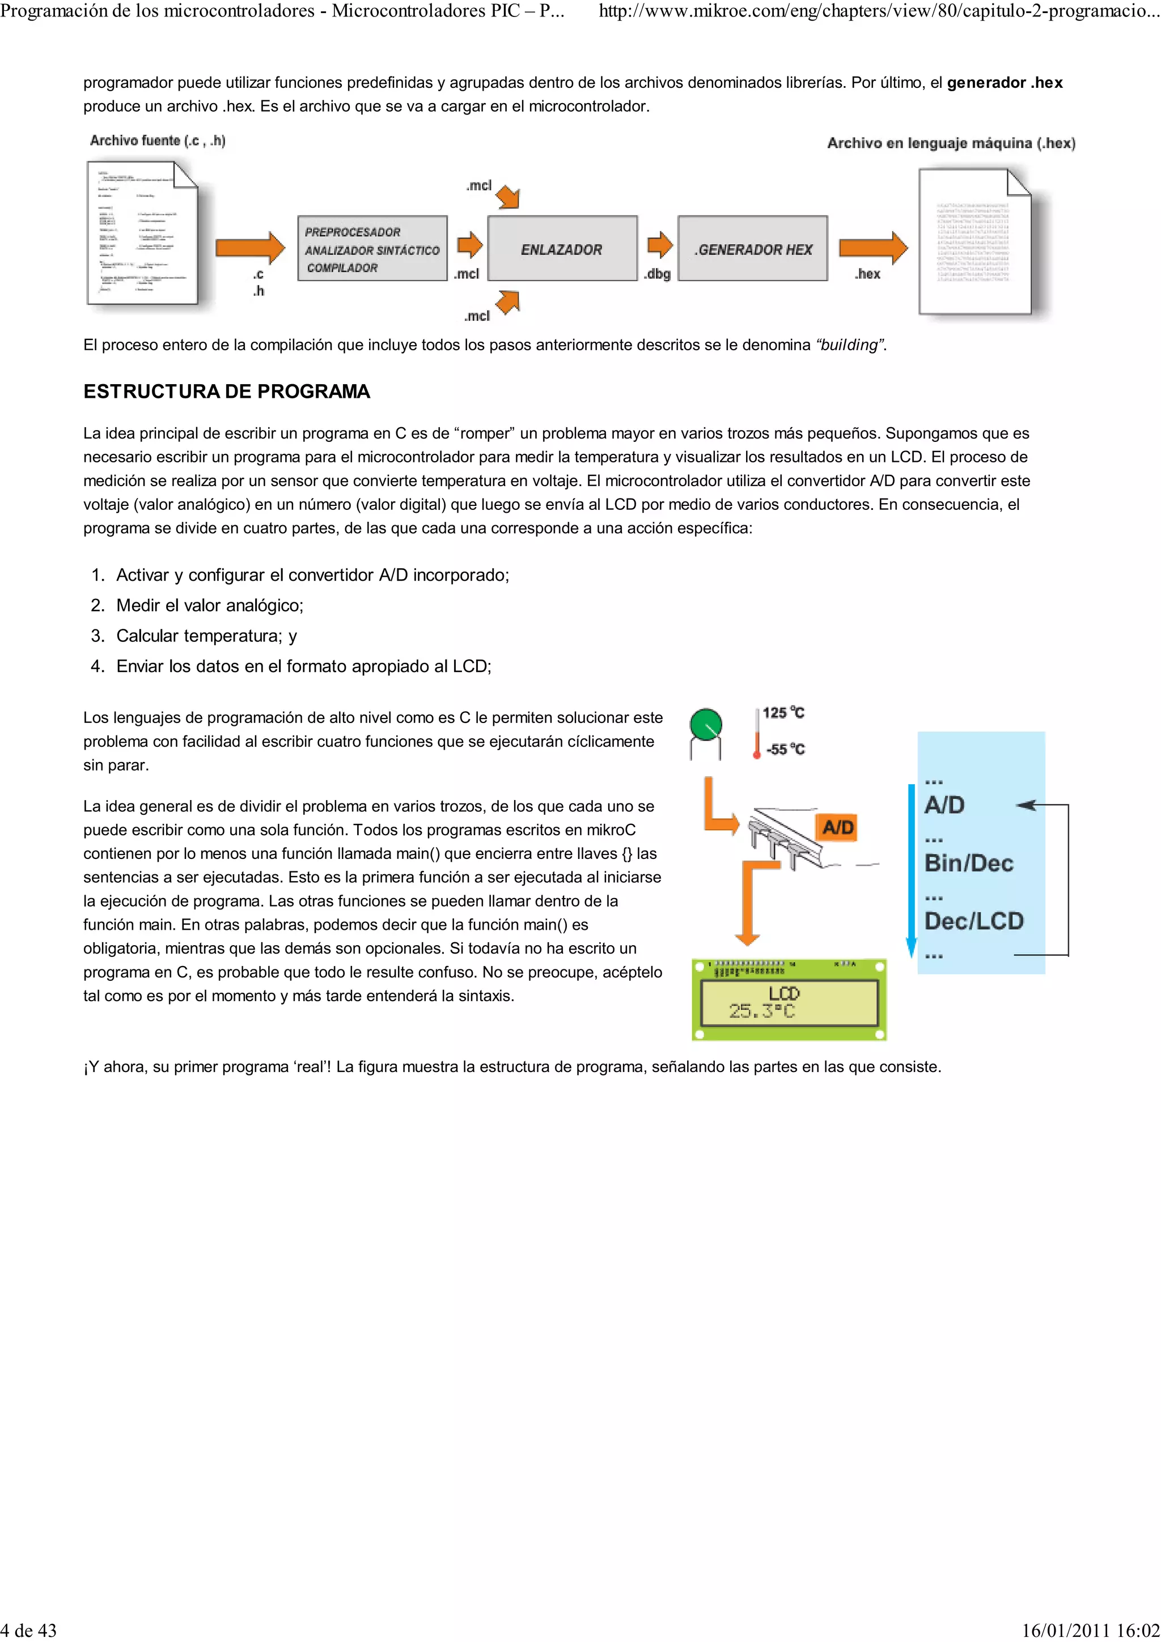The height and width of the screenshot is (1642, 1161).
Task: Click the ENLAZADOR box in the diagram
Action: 562,249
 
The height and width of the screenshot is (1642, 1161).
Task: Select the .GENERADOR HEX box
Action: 752,249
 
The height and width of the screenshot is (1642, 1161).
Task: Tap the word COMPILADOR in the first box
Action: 342,267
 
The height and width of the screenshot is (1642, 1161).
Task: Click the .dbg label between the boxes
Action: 656,274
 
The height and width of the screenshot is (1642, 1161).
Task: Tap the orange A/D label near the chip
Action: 838,827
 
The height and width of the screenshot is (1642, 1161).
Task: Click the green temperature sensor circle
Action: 705,725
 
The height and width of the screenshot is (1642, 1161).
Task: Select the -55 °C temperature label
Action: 785,750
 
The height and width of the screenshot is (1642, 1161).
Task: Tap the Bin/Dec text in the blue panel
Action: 969,862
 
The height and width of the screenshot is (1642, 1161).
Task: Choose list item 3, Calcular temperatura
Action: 206,636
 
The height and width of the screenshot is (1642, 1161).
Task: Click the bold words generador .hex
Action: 1005,82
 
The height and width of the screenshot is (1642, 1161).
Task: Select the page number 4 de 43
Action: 28,1630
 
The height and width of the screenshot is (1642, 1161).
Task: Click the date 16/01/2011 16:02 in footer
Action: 1090,1630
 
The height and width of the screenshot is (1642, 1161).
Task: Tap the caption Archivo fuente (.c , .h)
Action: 158,141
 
